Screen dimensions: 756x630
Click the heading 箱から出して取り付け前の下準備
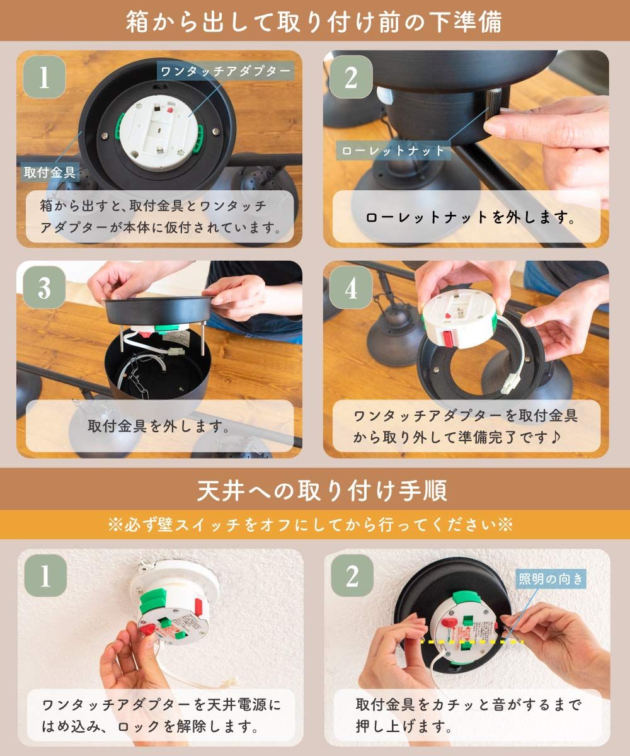point(314,21)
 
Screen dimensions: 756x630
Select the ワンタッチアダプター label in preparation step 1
point(226,71)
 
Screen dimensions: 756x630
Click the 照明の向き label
point(551,578)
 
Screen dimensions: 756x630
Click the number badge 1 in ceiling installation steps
point(44,576)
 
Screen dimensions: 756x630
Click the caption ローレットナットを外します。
point(471,218)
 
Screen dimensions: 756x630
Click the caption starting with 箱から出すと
point(161,217)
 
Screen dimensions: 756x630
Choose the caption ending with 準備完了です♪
point(466,426)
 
